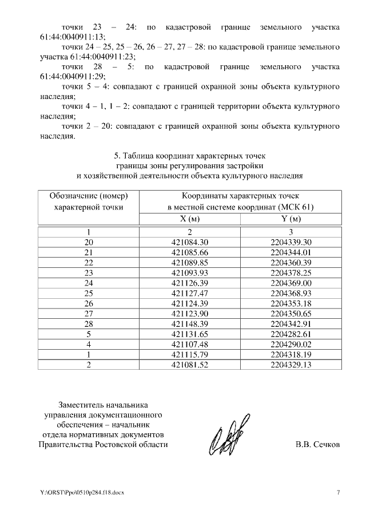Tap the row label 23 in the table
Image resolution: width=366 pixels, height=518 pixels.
coord(89,272)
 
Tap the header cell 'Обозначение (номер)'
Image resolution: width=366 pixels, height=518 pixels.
coord(89,195)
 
